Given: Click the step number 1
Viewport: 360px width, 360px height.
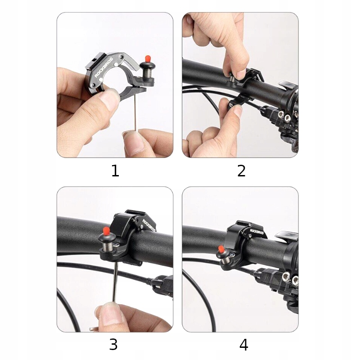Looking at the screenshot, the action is click(x=115, y=171).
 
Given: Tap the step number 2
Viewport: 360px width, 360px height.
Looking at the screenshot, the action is click(x=241, y=171).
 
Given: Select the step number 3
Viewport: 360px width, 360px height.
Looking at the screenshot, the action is click(x=113, y=344).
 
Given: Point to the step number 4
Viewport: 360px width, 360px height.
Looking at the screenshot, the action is click(x=244, y=345).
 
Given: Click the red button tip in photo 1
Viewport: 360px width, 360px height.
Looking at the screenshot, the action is click(x=148, y=58).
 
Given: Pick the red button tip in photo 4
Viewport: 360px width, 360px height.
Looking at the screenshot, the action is click(x=221, y=248).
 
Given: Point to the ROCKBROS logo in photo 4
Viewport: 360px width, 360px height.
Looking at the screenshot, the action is click(x=257, y=231).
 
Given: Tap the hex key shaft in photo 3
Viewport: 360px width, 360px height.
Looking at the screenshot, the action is click(x=116, y=283).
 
